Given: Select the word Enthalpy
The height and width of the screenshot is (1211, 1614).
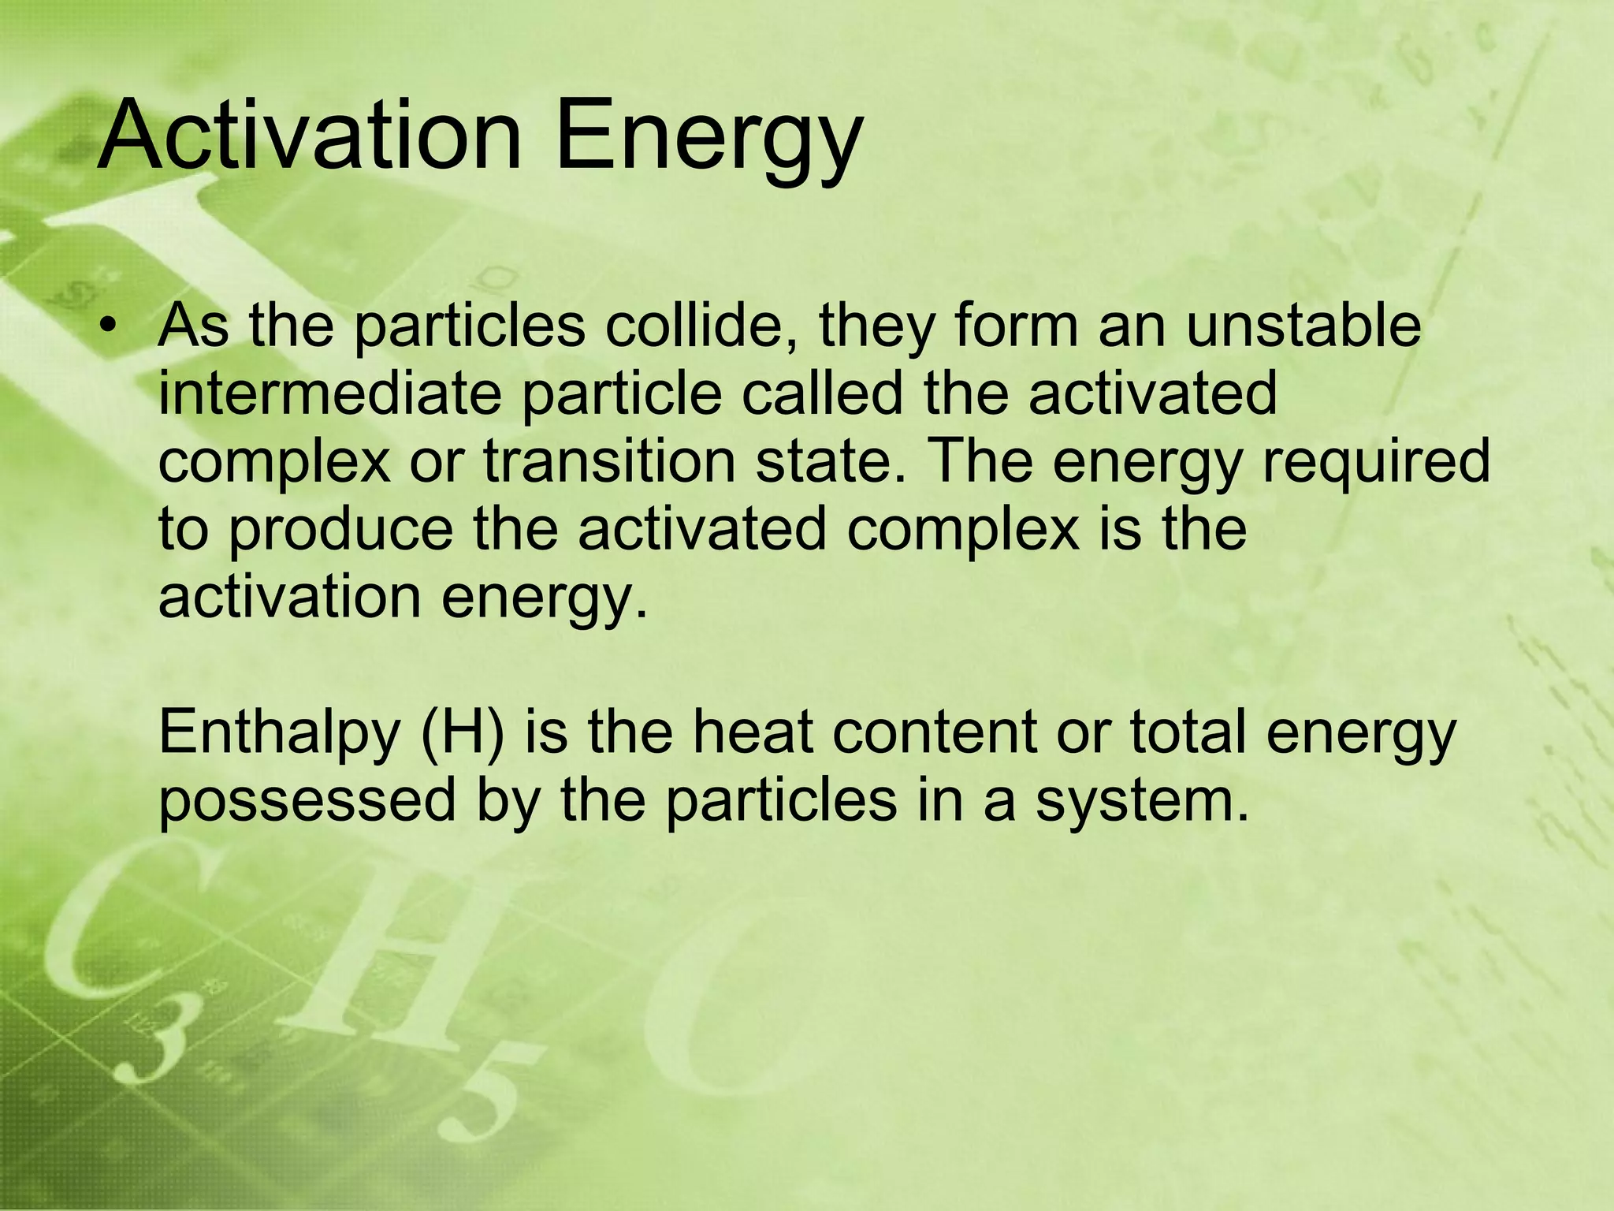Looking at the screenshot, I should (x=280, y=735).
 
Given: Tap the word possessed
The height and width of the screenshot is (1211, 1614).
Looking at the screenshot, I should (x=307, y=801).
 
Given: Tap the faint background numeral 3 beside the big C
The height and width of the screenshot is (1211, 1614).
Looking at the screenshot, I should (x=158, y=1033).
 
